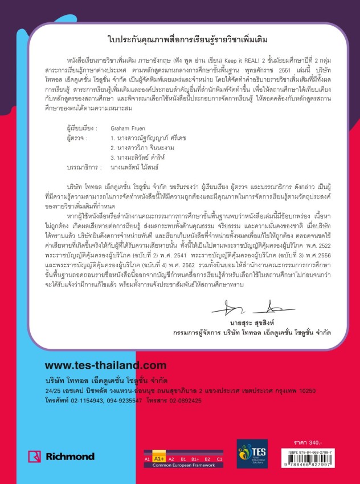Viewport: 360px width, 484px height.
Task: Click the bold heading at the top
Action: pyautogui.click(x=179, y=40)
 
